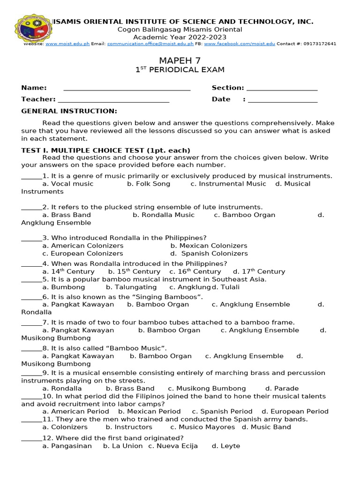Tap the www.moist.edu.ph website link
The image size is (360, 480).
pos(67,44)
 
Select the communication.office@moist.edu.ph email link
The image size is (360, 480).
pos(150,44)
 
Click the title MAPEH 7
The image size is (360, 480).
pos(180,60)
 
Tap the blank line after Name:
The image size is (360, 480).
pos(127,88)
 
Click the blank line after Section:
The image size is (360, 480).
pos(282,88)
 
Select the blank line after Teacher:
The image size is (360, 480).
pos(113,100)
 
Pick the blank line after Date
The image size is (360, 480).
pos(283,100)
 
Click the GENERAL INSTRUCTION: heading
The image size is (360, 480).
pos(69,111)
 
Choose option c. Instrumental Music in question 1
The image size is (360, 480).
pos(228,184)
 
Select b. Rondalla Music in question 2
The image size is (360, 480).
pos(163,215)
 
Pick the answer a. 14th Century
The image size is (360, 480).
pos(68,272)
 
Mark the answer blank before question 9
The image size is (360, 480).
pos(31,374)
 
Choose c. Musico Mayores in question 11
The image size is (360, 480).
pos(202,427)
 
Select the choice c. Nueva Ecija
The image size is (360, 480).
pos(173,446)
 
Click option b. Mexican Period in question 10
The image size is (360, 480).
pos(150,412)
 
